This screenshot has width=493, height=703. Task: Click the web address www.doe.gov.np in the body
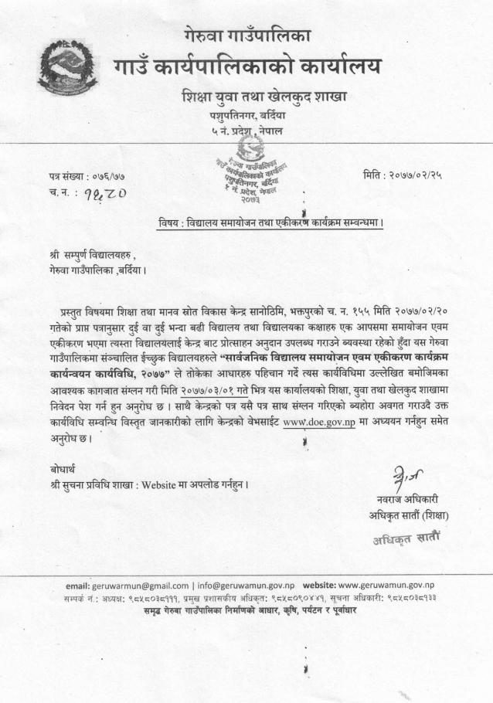click(318, 423)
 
